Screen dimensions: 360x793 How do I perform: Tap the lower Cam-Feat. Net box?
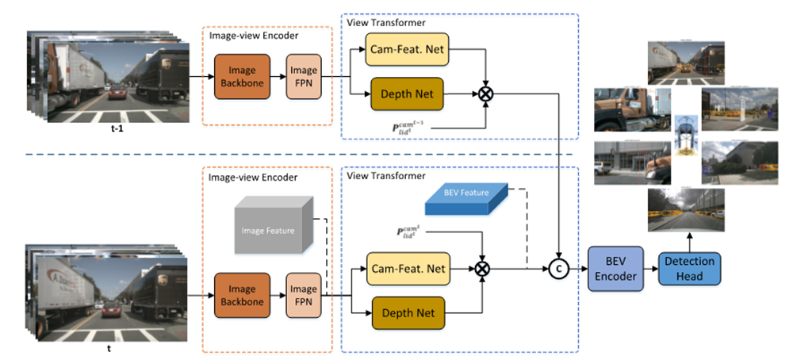click(x=407, y=269)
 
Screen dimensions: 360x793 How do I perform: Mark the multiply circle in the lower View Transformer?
click(x=482, y=269)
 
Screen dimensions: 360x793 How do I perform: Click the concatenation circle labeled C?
click(x=560, y=269)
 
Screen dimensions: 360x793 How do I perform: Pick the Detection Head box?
click(x=690, y=269)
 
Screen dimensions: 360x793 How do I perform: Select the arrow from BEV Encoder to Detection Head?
click(x=653, y=269)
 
